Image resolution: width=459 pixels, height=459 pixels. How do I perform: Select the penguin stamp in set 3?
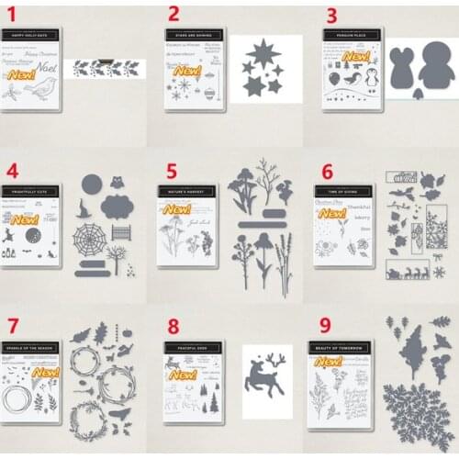pyautogui.click(x=372, y=77)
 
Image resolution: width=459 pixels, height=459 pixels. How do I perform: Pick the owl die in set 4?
pyautogui.click(x=117, y=181)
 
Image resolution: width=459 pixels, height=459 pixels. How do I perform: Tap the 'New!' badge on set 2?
pyautogui.click(x=187, y=70)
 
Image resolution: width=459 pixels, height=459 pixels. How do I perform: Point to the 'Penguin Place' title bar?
pyautogui.click(x=352, y=35)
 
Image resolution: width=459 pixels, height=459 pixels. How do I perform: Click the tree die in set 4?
pyautogui.click(x=116, y=257)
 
